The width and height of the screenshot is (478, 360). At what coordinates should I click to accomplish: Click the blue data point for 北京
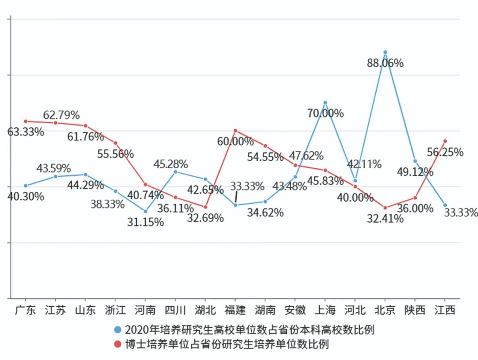[x=385, y=52]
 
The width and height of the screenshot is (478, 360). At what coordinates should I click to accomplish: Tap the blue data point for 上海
[x=325, y=103]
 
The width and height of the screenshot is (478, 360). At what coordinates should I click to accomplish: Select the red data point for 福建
[x=235, y=131]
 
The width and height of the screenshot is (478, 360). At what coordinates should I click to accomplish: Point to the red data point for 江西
[x=445, y=141]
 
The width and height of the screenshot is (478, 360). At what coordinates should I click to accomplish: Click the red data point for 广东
[x=26, y=121]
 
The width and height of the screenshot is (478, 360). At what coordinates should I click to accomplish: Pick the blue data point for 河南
[x=146, y=211]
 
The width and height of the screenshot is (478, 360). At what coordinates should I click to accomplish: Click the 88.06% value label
[x=385, y=63]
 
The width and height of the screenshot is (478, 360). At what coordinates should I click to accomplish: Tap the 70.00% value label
[x=325, y=113]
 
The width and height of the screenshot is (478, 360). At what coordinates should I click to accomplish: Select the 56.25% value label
[x=445, y=152]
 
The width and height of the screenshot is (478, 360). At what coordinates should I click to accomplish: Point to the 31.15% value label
[x=146, y=222]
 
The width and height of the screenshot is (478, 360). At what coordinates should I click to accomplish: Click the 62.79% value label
[x=61, y=116]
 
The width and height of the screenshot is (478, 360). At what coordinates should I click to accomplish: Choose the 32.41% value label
[x=385, y=219]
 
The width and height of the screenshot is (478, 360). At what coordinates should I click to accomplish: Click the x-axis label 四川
[x=175, y=310]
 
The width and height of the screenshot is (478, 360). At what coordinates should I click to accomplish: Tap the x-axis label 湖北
[x=205, y=310]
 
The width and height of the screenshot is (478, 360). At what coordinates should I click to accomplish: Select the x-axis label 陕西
[x=415, y=310]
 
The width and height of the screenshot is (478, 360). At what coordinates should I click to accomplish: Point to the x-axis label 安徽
[x=295, y=310]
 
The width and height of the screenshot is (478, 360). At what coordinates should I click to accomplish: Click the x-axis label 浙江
[x=116, y=310]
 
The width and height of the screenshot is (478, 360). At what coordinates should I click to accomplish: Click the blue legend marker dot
[x=118, y=330]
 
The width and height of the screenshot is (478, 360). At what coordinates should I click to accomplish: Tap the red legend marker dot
[x=118, y=344]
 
